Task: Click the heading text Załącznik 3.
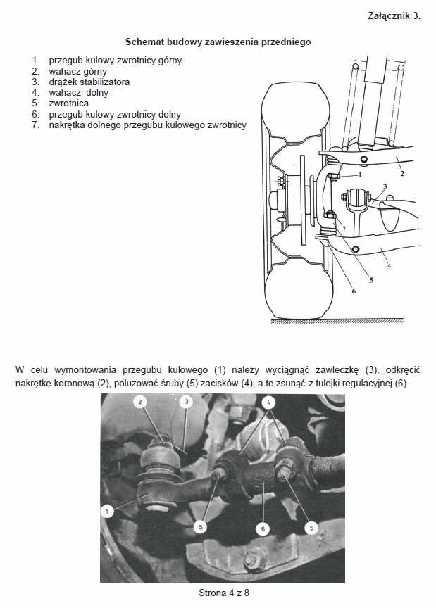point(394,15)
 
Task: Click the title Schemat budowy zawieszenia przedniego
point(218,42)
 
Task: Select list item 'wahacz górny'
point(77,71)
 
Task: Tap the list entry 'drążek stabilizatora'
point(89,82)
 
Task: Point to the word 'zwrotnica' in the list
point(69,103)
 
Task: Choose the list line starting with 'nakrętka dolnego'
point(148,125)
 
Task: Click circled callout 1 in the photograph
point(107,512)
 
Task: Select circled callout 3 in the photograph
point(186,402)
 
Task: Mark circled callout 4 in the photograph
point(269,402)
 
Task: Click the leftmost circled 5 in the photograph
point(201,526)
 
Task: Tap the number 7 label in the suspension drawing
point(343,229)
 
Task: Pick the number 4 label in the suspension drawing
point(389,267)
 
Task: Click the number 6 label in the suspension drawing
point(344,291)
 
